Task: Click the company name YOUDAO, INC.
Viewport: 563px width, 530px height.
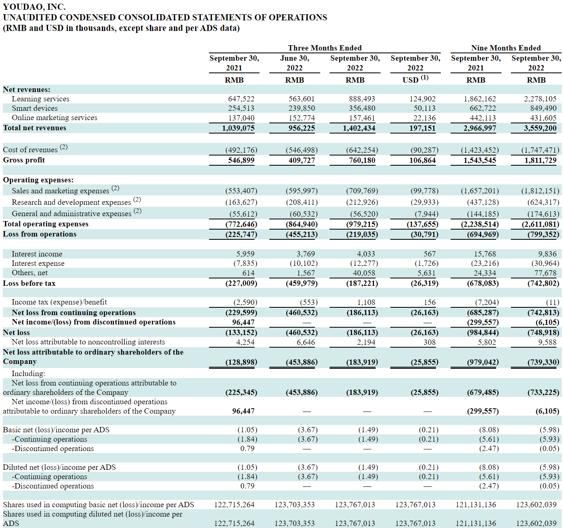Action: [x=34, y=7]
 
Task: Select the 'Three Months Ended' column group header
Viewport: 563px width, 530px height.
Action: [x=325, y=48]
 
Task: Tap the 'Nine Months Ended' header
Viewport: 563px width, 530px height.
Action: [x=506, y=48]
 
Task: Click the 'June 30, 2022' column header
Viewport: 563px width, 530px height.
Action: [x=295, y=63]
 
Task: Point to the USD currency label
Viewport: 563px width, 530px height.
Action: [x=410, y=80]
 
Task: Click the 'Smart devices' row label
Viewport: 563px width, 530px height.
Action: [x=35, y=108]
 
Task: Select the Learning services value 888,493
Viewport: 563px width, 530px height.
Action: [x=362, y=99]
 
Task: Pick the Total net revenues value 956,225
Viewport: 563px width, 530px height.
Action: [x=301, y=128]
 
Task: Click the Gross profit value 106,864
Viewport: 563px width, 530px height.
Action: [x=422, y=160]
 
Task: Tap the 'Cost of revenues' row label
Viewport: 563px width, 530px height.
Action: [x=30, y=149]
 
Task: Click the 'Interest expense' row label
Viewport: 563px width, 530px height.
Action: [x=38, y=263]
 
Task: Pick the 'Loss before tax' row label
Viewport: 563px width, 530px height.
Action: [x=29, y=283]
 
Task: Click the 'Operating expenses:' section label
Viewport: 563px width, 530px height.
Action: [x=38, y=180]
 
